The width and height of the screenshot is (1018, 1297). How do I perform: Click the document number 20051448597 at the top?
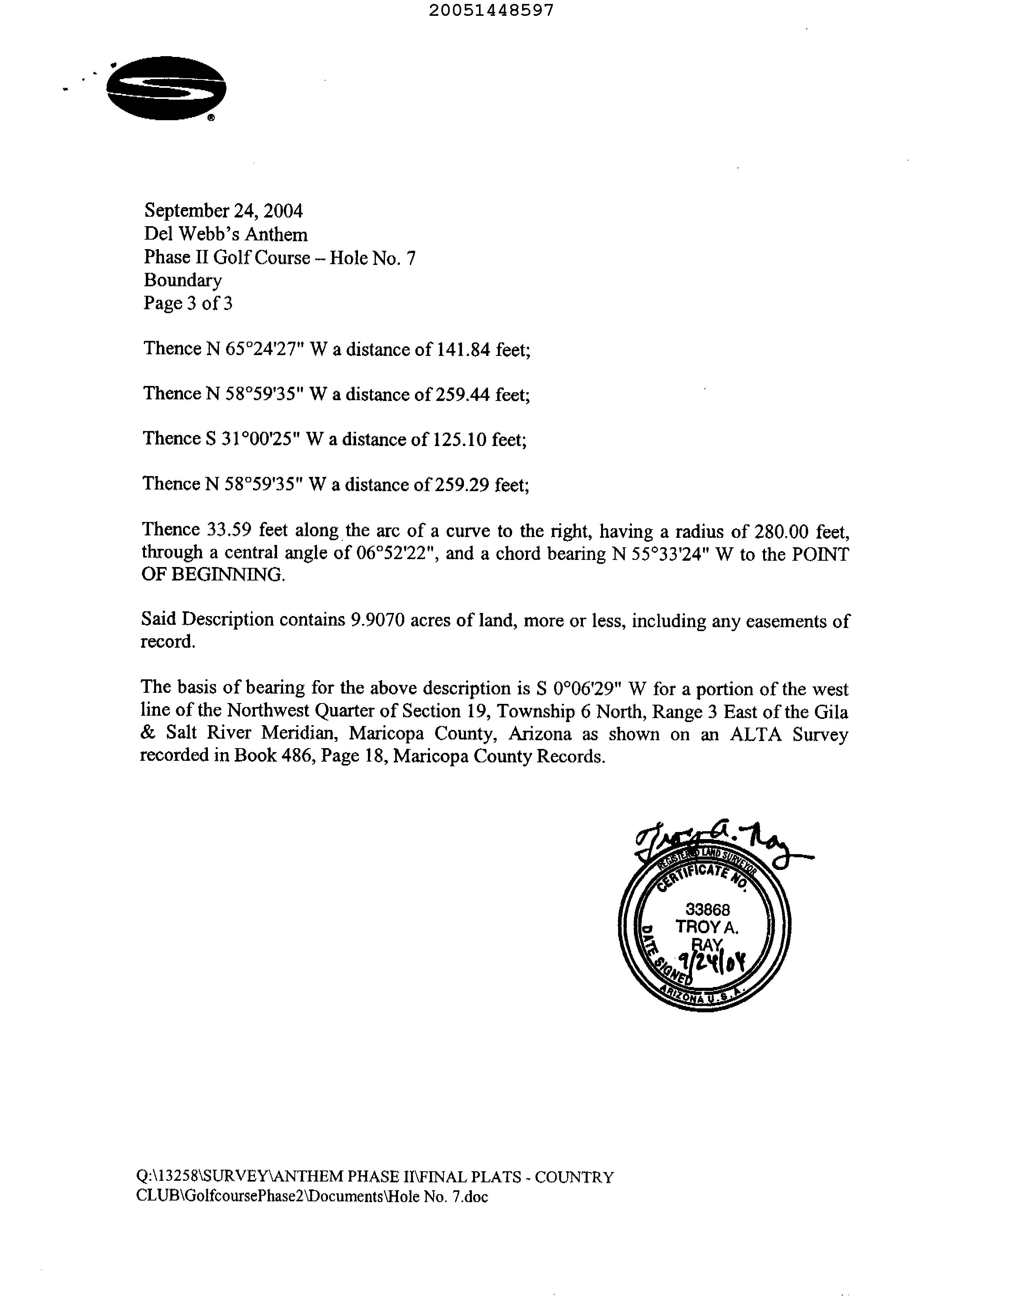pos(491,10)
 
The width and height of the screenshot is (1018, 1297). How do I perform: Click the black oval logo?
pos(166,88)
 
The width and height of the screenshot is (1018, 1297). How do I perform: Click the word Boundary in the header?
pos(183,280)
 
